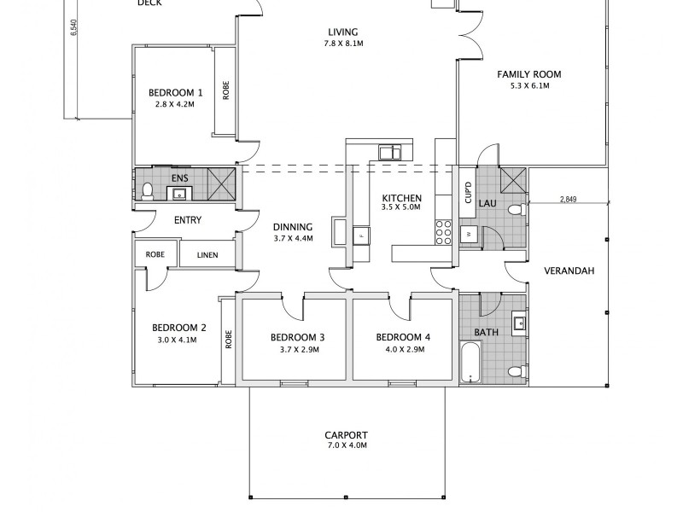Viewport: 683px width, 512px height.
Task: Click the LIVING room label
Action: tap(343, 32)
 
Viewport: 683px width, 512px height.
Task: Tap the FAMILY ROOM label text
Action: tap(529, 74)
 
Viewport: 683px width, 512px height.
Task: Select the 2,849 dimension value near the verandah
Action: tap(568, 201)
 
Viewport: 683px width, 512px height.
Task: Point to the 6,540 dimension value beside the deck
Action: tap(74, 29)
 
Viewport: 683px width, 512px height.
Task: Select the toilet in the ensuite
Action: tap(146, 190)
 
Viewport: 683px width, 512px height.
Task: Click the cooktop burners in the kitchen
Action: tap(444, 232)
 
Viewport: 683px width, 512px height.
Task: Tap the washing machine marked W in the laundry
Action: tap(469, 233)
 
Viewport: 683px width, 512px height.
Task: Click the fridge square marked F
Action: tap(361, 234)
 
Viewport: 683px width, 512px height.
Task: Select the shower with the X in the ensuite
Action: tap(224, 183)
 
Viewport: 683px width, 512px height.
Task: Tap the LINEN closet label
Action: tap(207, 254)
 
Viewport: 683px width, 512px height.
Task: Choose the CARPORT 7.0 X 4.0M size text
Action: tap(347, 445)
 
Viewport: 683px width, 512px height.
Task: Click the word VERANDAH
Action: tap(569, 272)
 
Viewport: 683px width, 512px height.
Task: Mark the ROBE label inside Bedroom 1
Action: tap(226, 90)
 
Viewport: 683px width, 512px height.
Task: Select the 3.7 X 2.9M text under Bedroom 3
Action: tap(299, 350)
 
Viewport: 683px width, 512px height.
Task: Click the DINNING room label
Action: tap(294, 227)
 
